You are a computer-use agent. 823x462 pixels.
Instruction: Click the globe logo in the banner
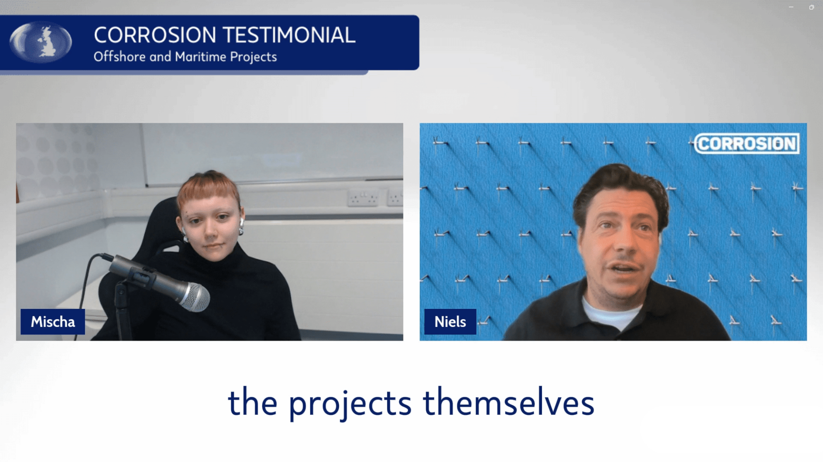click(x=40, y=42)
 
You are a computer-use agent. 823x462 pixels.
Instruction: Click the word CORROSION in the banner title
click(x=155, y=35)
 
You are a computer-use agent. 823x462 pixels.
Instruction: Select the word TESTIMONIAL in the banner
click(x=289, y=35)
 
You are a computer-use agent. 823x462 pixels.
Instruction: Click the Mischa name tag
click(x=53, y=321)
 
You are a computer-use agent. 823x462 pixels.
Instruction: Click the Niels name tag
click(x=450, y=321)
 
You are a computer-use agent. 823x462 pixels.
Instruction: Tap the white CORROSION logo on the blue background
click(x=747, y=144)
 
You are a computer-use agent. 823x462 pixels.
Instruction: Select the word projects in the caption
click(x=350, y=403)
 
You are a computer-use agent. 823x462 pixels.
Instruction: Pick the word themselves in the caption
click(x=508, y=403)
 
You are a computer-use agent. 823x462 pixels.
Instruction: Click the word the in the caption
click(x=252, y=403)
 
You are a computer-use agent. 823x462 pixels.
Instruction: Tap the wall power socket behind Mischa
click(x=363, y=198)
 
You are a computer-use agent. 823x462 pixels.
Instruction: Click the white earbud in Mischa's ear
click(x=242, y=222)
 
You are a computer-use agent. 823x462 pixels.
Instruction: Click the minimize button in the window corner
click(x=791, y=7)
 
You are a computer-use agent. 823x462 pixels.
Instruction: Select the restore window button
click(x=811, y=7)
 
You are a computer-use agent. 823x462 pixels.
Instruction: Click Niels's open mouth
click(x=624, y=268)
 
